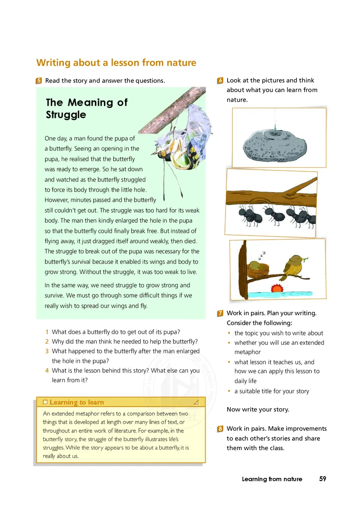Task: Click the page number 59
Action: pyautogui.click(x=323, y=479)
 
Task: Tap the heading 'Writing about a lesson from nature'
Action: pyautogui.click(x=116, y=63)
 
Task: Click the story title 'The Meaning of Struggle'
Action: pyautogui.click(x=86, y=108)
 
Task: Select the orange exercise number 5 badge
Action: pyautogui.click(x=40, y=81)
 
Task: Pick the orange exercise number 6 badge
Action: pyautogui.click(x=220, y=81)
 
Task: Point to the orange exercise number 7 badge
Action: pyautogui.click(x=220, y=313)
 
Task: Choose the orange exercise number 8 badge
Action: pyautogui.click(x=220, y=429)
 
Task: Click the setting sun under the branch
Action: pyautogui.click(x=276, y=288)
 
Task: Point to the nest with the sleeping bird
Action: pyautogui.click(x=258, y=268)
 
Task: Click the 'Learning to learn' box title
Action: pyautogui.click(x=76, y=402)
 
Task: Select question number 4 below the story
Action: pyautogui.click(x=47, y=371)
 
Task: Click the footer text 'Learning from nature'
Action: pyautogui.click(x=272, y=479)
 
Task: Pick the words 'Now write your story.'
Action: pyautogui.click(x=258, y=410)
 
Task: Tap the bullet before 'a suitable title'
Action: pyautogui.click(x=229, y=391)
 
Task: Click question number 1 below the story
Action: pyautogui.click(x=47, y=332)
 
